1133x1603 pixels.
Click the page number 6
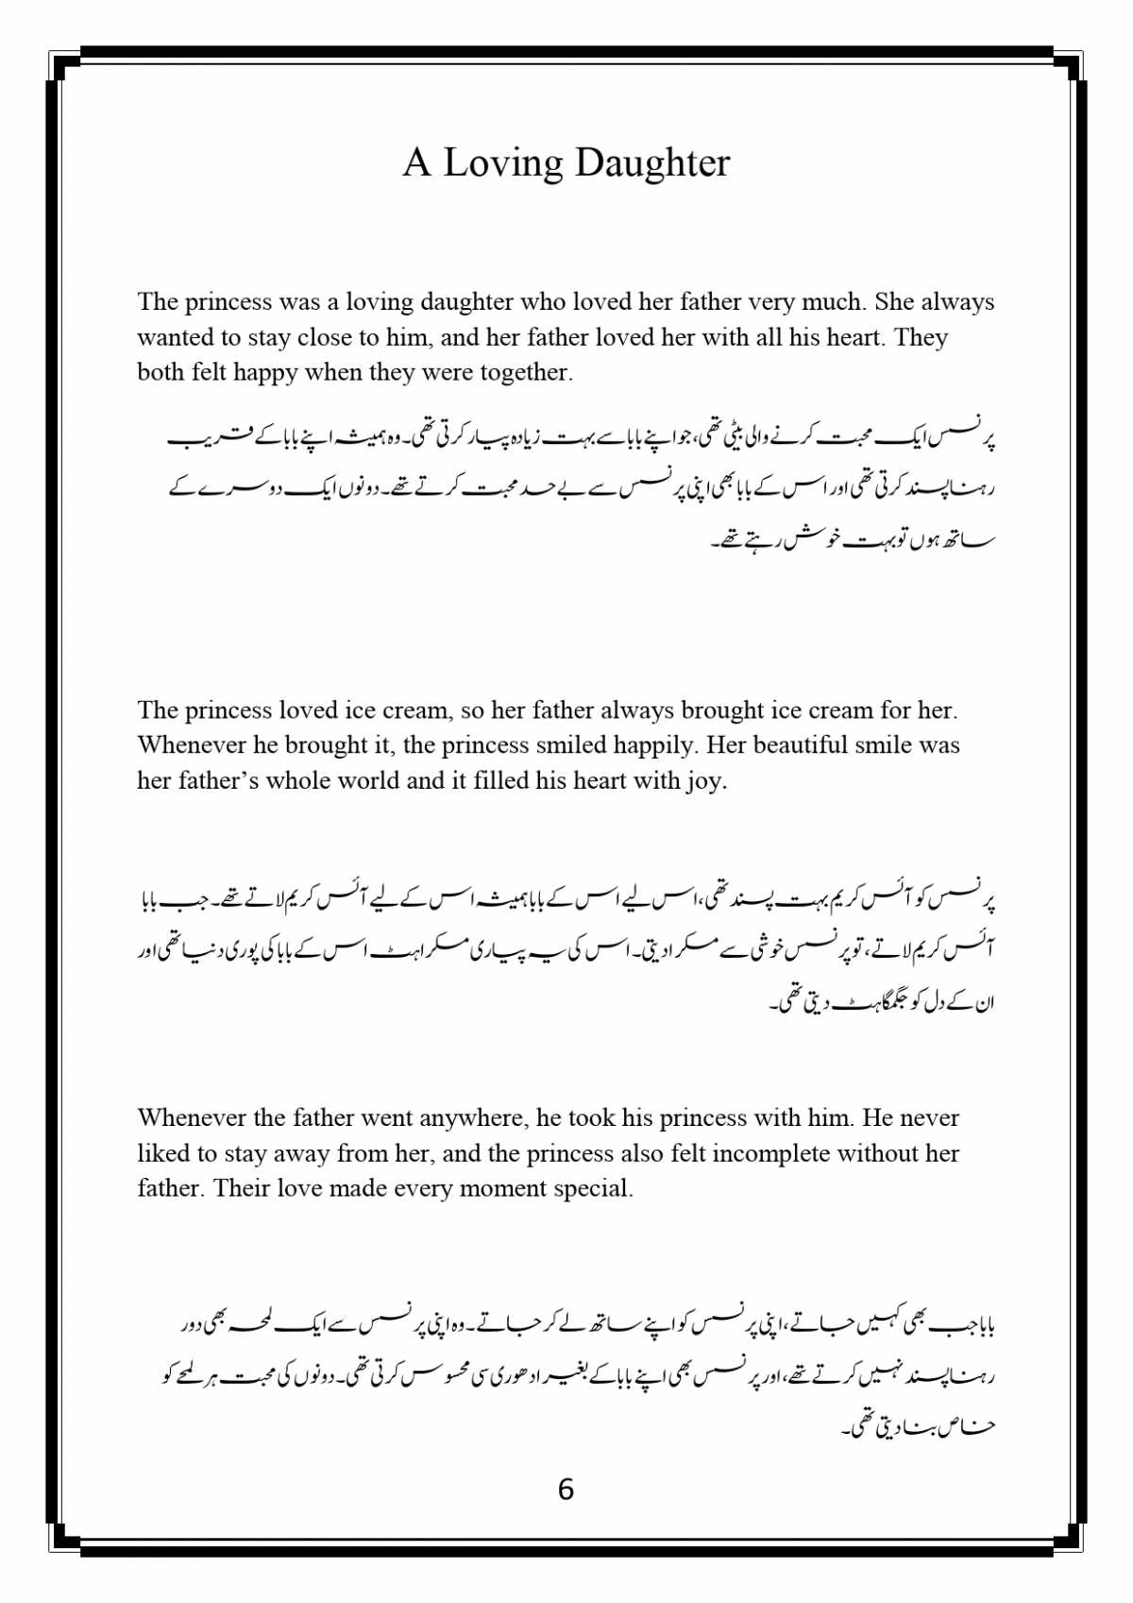(566, 1490)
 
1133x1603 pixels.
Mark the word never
(928, 1118)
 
